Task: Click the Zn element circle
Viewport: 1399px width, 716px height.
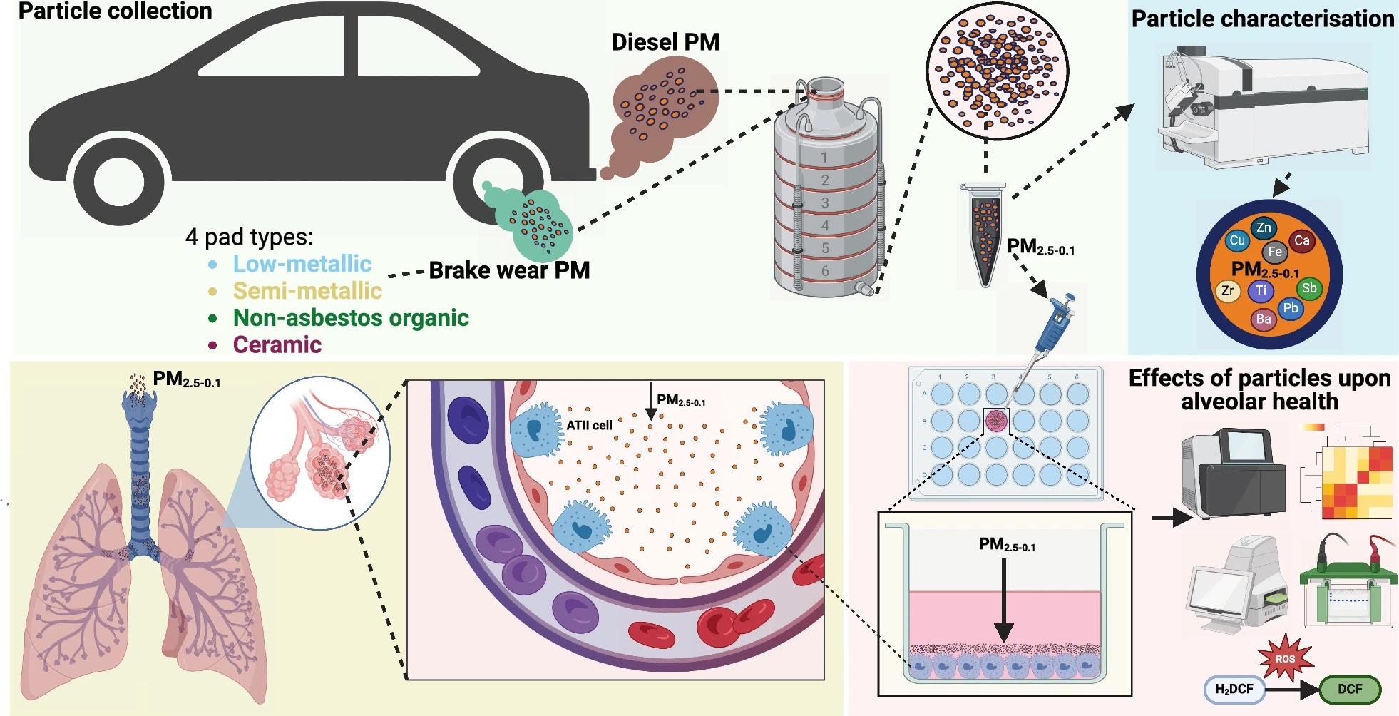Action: click(x=1264, y=228)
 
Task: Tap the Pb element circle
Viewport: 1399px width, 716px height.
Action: click(x=1291, y=309)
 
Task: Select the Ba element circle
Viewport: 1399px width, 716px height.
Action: click(x=1264, y=319)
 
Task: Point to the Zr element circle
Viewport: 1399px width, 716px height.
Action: click(x=1227, y=291)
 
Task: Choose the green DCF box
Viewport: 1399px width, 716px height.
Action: click(x=1349, y=690)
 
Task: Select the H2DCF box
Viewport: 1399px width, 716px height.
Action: click(x=1234, y=690)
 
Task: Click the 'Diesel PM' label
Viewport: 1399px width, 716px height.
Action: click(x=665, y=42)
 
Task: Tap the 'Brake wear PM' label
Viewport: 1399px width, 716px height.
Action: click(x=509, y=271)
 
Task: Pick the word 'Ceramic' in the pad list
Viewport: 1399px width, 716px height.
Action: click(x=277, y=345)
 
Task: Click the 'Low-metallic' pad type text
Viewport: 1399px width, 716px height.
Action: click(x=302, y=264)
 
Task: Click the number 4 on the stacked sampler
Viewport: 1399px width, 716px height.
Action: click(x=825, y=225)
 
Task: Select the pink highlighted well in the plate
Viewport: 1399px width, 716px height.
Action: click(x=996, y=421)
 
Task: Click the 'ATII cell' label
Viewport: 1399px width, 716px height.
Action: click(x=589, y=425)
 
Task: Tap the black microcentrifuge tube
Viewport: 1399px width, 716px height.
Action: click(x=985, y=235)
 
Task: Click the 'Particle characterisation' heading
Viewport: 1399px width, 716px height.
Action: click(x=1262, y=19)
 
